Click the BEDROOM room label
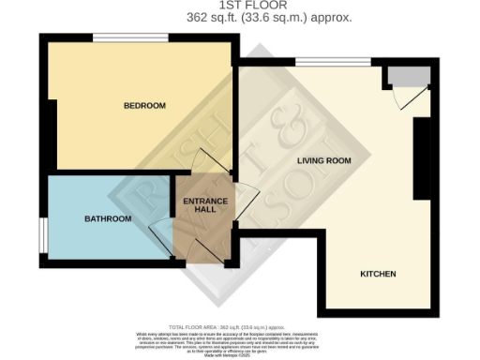tap(144, 106)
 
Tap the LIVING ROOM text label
tap(323, 160)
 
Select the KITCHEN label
tap(378, 274)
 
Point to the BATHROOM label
tap(108, 218)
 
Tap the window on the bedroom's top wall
tap(130, 37)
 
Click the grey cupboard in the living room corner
tap(410, 76)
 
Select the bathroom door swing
tap(160, 232)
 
